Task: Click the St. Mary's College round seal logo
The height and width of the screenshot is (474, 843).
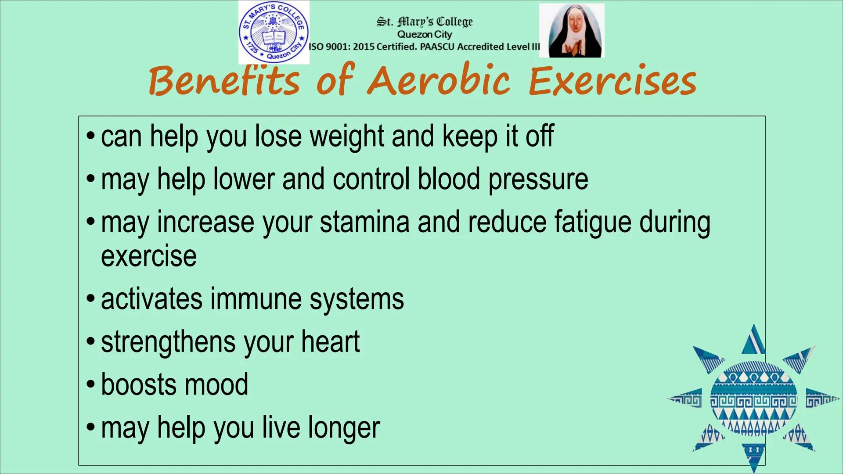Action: [x=274, y=32]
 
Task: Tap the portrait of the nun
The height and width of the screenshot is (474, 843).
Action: [x=572, y=31]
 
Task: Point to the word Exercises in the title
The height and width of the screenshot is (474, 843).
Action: [x=612, y=81]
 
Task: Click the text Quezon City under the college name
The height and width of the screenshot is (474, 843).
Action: [x=425, y=34]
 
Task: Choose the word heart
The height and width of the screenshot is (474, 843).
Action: [x=330, y=341]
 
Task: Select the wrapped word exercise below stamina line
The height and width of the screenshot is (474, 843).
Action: [x=149, y=256]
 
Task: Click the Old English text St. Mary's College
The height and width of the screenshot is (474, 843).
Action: [x=425, y=22]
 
